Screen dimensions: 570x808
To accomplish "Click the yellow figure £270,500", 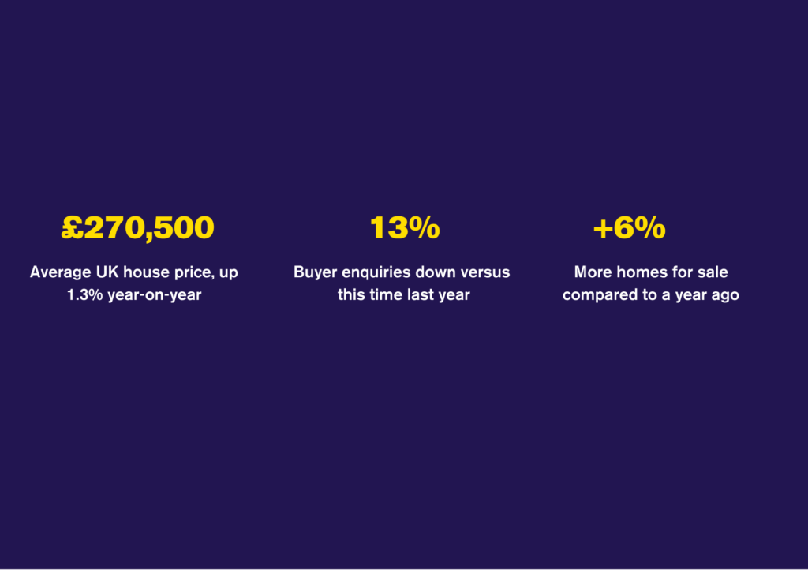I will click(x=138, y=228).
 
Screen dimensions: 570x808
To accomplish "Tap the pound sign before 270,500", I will click(x=73, y=228).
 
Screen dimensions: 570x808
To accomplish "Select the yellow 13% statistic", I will click(x=405, y=228).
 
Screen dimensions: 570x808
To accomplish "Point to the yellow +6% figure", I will click(x=629, y=228).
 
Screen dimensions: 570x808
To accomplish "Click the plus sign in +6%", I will click(x=603, y=229).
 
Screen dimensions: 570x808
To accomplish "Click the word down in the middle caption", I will click(x=434, y=272).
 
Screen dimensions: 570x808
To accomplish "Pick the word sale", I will click(x=713, y=272).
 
